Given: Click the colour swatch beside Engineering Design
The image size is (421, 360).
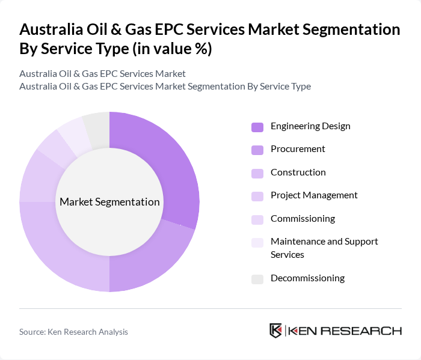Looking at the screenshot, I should coord(257,127).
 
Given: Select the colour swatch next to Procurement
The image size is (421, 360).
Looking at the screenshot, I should coord(257,150).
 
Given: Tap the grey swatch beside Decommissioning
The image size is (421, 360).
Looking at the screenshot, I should coord(257,279).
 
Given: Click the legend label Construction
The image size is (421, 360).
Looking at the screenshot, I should coord(298,172).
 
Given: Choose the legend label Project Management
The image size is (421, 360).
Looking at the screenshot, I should coord(314,195).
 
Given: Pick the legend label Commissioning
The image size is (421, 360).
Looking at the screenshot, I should coord(303,219).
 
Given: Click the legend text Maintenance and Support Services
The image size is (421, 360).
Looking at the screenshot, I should coord(324,248).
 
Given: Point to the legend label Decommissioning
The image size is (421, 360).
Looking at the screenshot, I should coord(307,278).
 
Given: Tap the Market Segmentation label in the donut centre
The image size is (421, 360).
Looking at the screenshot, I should coord(109,202).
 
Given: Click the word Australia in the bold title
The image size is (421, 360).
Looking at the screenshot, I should coord(52,29).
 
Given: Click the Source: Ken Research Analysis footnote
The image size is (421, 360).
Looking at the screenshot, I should coord(73,332).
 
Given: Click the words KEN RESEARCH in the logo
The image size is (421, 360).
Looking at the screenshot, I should coord(345,331).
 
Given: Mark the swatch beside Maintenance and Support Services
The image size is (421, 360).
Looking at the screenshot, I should coord(257,242).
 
